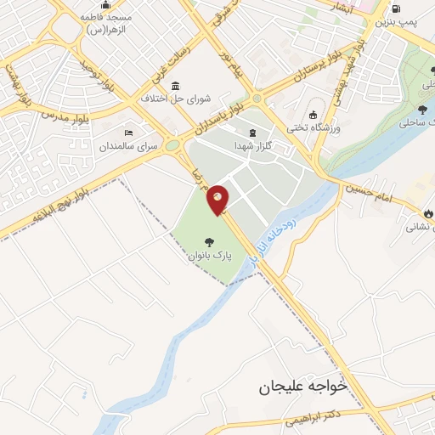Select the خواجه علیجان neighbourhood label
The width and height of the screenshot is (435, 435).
click(303, 387)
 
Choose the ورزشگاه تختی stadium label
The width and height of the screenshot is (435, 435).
click(313, 127)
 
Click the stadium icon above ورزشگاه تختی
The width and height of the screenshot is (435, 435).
click(313, 115)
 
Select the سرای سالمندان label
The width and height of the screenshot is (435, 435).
click(129, 146)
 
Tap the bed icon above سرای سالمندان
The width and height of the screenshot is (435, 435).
click(128, 133)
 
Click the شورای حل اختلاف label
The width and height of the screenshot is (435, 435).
click(175, 98)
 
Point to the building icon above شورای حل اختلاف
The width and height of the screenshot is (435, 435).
click(175, 85)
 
